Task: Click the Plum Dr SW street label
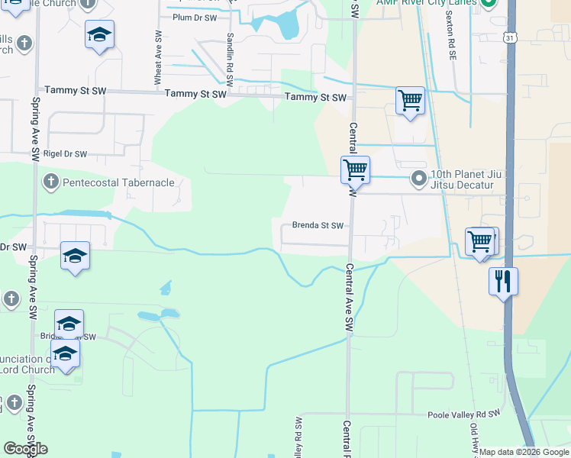(x=195, y=17)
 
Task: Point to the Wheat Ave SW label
(x=158, y=57)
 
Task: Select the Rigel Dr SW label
(x=63, y=153)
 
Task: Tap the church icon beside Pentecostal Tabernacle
(x=51, y=182)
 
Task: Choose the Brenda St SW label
(x=318, y=226)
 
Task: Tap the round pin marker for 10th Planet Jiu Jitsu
(x=419, y=179)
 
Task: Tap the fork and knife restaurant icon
(x=504, y=281)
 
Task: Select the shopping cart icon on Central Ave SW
(x=355, y=169)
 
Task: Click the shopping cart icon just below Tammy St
(x=410, y=100)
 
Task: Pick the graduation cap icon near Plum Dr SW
(x=99, y=35)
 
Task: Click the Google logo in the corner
(x=25, y=449)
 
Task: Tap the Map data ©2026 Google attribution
(x=524, y=452)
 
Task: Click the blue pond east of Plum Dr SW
(x=289, y=24)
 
